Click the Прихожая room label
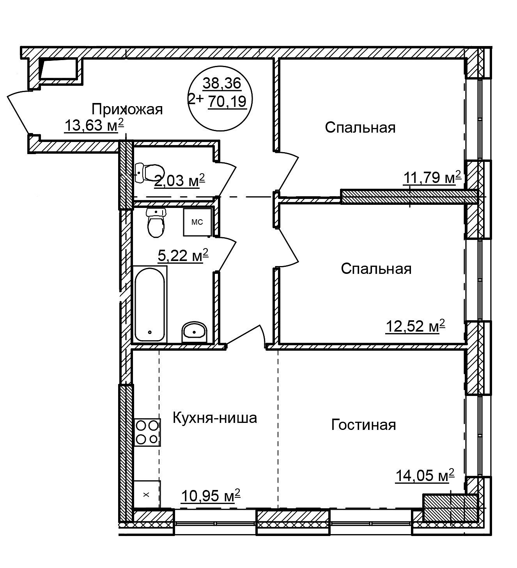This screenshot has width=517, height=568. pos(127,109)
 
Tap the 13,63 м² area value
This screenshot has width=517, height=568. pos(94,125)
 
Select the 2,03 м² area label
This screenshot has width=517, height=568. pos(179,180)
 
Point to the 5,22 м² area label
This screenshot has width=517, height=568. pos(183,255)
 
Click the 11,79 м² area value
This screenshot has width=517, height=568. pos(432,177)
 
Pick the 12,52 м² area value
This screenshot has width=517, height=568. pos(415,327)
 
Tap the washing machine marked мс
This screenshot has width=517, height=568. pos(197,222)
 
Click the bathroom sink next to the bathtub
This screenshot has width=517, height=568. pos(195,332)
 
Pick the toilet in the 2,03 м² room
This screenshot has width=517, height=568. pos(150,172)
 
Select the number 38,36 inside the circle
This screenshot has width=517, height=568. pos(222,83)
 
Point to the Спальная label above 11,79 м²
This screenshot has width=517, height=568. pos(360,128)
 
